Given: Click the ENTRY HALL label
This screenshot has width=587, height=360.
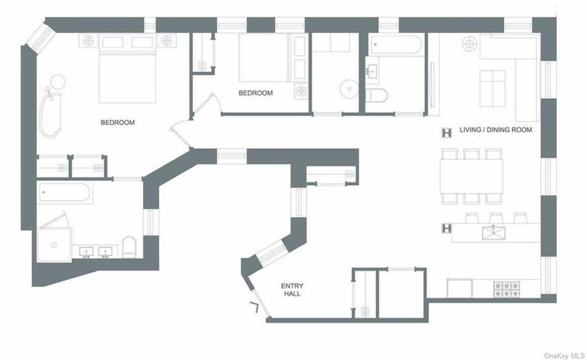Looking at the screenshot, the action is point(292,290).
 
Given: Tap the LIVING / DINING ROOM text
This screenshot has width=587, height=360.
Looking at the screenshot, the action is point(496,130).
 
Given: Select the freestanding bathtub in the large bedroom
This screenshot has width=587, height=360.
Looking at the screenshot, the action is point(50,115).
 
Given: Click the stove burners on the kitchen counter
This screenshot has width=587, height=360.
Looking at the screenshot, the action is point(506,289).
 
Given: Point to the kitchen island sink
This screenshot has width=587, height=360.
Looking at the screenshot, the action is point(493,232).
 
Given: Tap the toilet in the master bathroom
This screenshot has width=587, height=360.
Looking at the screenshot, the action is point(129,246).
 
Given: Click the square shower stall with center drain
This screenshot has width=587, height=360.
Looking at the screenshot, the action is point(54,245).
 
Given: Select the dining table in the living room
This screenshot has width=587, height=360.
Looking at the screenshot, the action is point(471,176).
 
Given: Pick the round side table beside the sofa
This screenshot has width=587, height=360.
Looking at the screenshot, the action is point(470,44).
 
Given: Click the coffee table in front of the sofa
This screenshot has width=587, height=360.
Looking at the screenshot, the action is point(492,88).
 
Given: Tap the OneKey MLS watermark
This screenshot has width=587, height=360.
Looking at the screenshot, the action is point(564,356).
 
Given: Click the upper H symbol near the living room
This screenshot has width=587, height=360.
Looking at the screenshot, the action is point(447,133).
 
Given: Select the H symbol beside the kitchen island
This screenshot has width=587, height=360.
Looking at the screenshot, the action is point(447,228).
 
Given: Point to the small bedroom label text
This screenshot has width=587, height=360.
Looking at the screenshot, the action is point(255,93).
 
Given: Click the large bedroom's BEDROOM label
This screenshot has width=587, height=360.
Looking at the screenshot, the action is point(117,122).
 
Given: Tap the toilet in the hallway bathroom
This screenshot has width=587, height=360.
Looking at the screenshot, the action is point(376,95).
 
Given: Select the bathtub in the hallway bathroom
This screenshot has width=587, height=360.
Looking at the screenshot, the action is point(395,45).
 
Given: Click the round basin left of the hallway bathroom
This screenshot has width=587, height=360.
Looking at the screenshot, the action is point(349,89).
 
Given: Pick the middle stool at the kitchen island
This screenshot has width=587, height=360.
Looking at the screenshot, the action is point(496,218).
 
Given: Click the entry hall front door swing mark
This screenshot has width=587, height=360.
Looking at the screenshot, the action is point(255,306).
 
